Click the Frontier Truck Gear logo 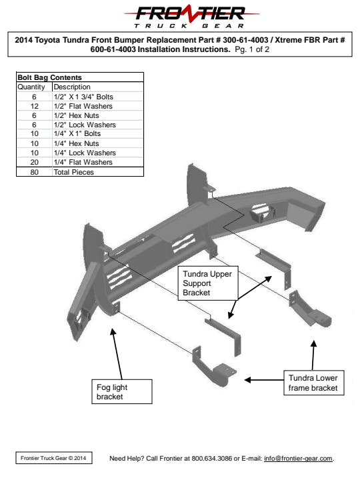(x=191, y=17)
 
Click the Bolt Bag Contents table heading (x=49, y=77)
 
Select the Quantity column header (x=31, y=87)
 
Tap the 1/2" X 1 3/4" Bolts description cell (x=83, y=97)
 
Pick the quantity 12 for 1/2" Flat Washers (x=34, y=106)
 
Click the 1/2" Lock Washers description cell (x=85, y=125)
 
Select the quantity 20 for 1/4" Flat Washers (x=34, y=162)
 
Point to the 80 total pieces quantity (x=34, y=172)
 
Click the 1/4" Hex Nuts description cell (x=76, y=143)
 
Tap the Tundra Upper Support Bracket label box (x=208, y=283)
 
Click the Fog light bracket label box (x=122, y=391)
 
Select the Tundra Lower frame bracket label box (x=314, y=383)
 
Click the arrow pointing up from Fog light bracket (x=117, y=354)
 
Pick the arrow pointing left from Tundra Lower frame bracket (x=264, y=380)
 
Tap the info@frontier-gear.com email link (x=298, y=458)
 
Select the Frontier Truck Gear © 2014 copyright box (x=54, y=458)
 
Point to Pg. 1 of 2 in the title (x=252, y=49)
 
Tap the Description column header (x=72, y=87)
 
